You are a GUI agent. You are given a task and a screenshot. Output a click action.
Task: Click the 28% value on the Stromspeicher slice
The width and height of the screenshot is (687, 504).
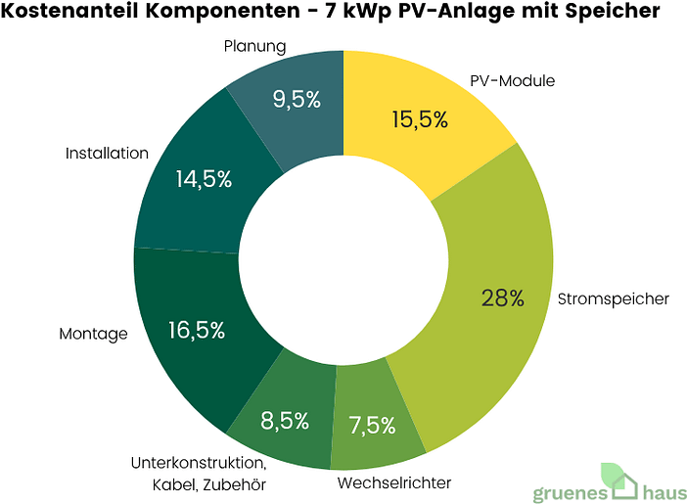tap(503, 298)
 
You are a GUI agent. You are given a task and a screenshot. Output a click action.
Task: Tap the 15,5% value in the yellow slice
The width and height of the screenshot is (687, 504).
tap(419, 119)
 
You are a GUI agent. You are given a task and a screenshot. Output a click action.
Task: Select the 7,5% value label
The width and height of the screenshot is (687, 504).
tap(372, 426)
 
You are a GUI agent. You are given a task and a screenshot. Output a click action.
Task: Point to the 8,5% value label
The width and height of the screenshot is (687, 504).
tap(285, 422)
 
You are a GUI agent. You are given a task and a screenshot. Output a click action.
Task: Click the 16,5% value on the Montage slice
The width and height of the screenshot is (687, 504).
tap(197, 330)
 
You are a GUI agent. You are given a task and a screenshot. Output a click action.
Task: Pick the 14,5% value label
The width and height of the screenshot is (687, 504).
tap(204, 179)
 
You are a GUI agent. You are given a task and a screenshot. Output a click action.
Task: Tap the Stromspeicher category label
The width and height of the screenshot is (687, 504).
tap(613, 298)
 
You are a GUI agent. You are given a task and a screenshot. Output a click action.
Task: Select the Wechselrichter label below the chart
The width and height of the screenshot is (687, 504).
tap(394, 483)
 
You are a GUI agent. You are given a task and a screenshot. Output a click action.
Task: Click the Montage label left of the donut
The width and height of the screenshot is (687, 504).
tap(94, 334)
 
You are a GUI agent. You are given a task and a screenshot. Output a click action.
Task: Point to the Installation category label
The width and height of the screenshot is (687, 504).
tap(107, 154)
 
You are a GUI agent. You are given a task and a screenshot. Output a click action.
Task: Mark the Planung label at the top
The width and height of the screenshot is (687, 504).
tap(254, 46)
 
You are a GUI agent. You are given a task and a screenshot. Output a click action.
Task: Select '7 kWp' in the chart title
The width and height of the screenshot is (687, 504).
tap(357, 13)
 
